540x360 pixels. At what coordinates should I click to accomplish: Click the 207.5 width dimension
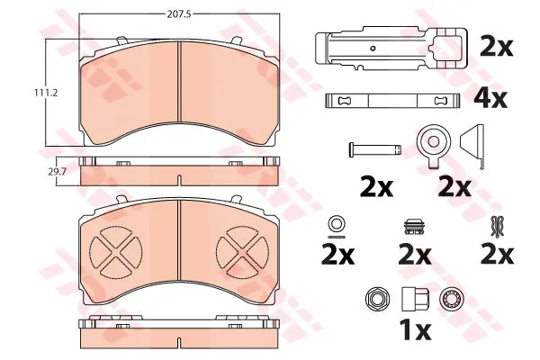click(x=179, y=14)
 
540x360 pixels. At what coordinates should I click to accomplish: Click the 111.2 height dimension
click(x=46, y=93)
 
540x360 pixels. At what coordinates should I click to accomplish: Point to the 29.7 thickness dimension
click(x=57, y=172)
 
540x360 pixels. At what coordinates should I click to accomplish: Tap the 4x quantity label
click(x=490, y=98)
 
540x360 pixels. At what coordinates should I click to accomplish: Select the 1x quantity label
click(x=415, y=329)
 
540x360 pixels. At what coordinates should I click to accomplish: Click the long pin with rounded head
click(x=375, y=150)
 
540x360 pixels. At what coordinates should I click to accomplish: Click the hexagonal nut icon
click(x=377, y=299)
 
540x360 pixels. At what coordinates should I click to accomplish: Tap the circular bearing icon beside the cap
click(x=452, y=299)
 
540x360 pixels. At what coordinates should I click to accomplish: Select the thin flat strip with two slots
click(x=392, y=101)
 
